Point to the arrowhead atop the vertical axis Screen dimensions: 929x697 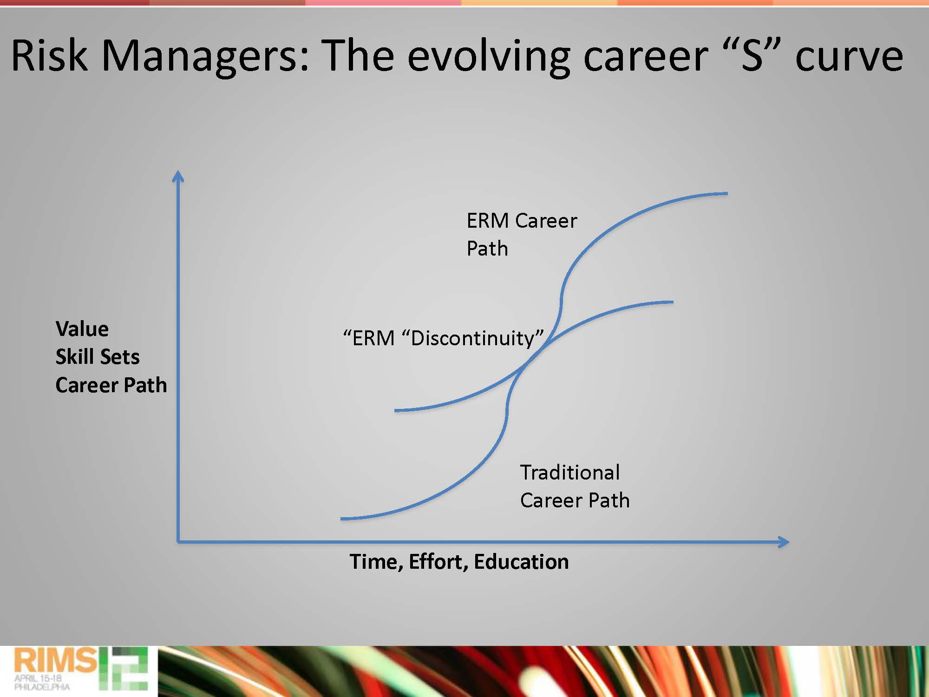pos(178,176)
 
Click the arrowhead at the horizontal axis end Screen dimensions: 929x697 pos(784,542)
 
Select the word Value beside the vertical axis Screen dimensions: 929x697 pos(82,329)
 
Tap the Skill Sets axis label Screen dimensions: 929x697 pos(98,357)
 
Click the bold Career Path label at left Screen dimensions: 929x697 pos(111,385)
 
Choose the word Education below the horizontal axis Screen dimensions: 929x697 pos(521,562)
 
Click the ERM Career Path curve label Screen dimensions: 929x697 pos(522,234)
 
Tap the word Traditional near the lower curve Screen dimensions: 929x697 pos(570,473)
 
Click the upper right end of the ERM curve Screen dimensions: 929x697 pos(727,193)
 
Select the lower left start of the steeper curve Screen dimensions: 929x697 pos(342,518)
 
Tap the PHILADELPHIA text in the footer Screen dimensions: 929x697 pos(42,687)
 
